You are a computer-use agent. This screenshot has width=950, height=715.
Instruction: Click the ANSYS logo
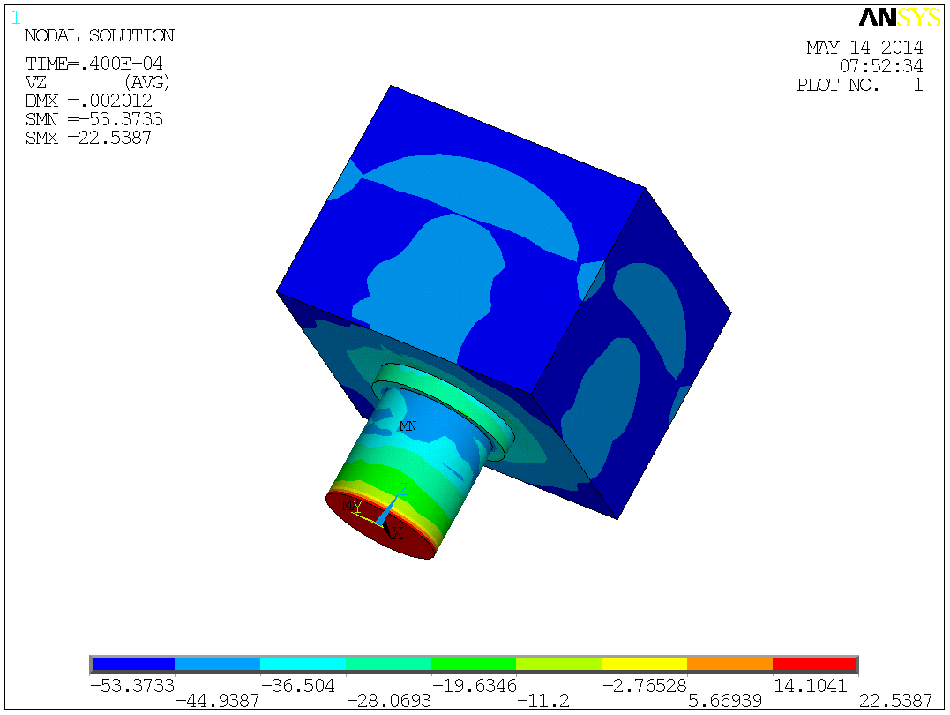pos(899,18)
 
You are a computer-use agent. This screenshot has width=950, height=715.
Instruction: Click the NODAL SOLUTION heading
pos(99,36)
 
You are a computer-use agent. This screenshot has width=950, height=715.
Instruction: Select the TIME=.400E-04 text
pos(94,64)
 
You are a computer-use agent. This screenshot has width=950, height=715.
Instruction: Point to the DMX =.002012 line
pos(88,101)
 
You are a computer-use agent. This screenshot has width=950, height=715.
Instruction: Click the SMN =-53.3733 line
pos(94,119)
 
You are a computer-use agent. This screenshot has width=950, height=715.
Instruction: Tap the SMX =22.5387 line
pos(88,138)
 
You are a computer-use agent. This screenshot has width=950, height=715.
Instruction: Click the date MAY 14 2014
pos(864,48)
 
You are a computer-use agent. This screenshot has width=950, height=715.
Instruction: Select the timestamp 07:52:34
pos(880,66)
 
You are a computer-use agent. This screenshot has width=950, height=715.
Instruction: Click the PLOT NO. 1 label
pos(859,86)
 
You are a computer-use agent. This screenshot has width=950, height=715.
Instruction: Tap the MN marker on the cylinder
pos(408,426)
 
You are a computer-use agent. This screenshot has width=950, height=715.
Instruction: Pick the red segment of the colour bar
pos(814,664)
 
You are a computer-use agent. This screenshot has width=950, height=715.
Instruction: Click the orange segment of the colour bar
pos(729,664)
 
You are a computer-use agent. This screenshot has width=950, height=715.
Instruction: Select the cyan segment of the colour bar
pos(303,664)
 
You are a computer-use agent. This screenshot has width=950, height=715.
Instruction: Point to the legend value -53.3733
pos(131,685)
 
